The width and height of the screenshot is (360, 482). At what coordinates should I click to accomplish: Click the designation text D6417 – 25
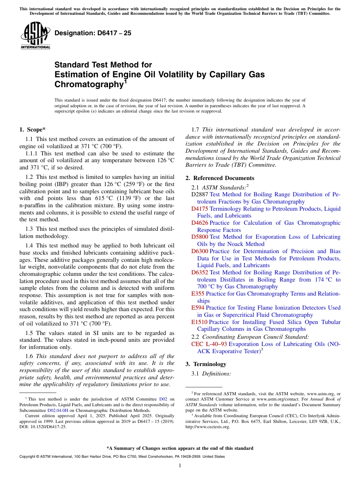[x=93, y=33]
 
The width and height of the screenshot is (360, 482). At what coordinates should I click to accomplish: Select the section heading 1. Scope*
[x=33, y=130]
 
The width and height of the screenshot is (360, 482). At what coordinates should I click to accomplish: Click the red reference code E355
[x=198, y=294]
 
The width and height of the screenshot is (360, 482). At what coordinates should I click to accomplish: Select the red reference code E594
[x=198, y=308]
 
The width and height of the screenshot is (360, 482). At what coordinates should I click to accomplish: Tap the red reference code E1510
[x=199, y=322]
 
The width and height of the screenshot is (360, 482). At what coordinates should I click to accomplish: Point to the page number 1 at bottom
[x=180, y=466]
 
